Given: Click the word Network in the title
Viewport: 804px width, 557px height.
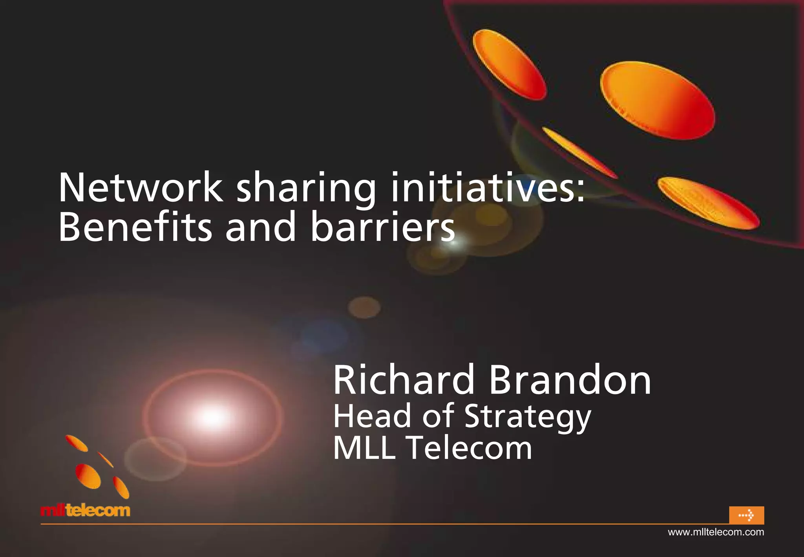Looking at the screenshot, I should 141,188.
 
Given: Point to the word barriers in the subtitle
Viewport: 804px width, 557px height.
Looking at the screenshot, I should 383,227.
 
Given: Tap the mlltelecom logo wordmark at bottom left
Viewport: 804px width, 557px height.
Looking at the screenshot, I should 85,511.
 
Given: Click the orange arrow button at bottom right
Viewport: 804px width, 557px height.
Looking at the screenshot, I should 746,515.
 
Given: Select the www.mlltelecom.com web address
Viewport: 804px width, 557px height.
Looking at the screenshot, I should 716,532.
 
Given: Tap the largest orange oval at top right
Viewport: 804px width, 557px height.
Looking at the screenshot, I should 657,100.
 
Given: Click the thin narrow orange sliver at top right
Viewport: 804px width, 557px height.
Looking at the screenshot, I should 579,151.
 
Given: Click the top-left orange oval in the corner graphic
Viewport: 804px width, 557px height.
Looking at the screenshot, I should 509,64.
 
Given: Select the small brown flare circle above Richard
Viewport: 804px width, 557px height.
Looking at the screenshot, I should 364,307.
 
